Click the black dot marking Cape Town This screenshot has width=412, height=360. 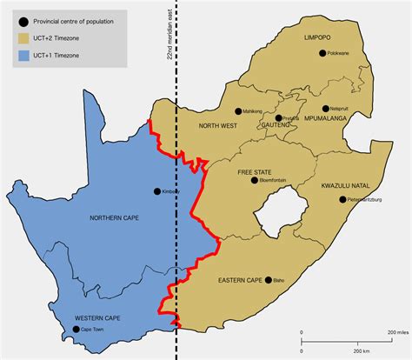pos(76,330)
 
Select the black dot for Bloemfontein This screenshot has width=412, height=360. pos(254,181)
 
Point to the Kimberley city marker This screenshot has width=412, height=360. pos(156,191)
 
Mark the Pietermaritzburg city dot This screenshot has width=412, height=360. pos(342,199)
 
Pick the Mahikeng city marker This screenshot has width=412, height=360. pos(238,110)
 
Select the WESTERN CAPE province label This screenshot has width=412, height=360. pos(97,318)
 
